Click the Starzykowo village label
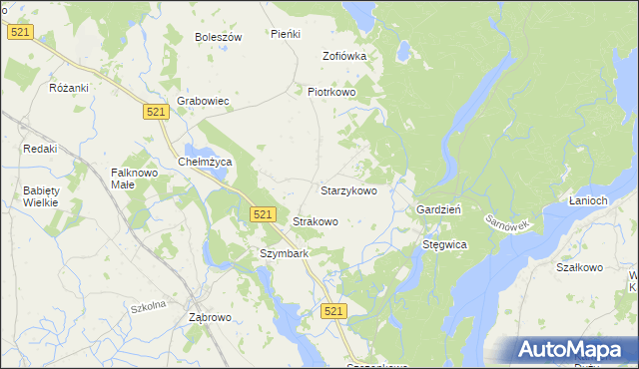tap(348, 189)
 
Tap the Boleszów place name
tap(219, 37)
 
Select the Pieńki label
tap(286, 34)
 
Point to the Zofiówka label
tap(344, 56)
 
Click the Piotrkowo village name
tap(331, 92)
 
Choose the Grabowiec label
tap(204, 101)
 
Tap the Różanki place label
tap(69, 88)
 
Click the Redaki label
tap(40, 149)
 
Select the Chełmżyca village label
tap(204, 162)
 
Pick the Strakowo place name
tap(315, 221)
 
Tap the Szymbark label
tap(284, 253)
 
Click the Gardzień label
tap(437, 210)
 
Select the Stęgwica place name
tap(445, 243)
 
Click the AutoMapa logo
tap(572, 349)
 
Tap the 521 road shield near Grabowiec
tap(155, 114)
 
